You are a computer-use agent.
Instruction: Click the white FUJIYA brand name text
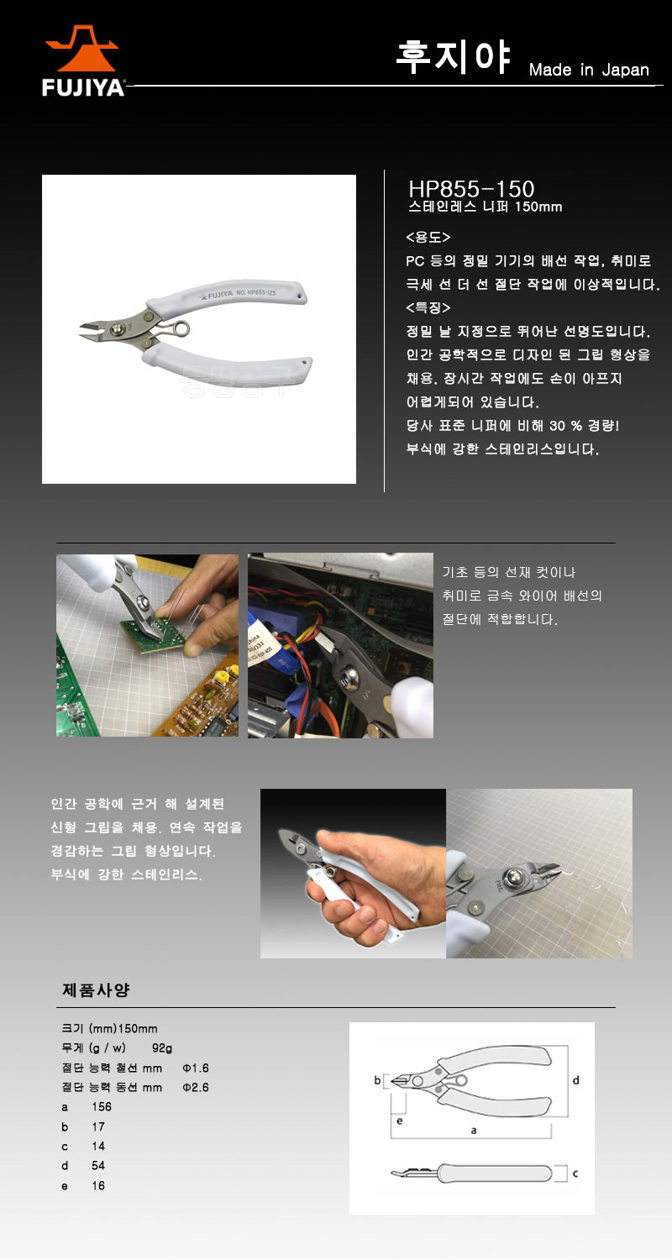coord(82,87)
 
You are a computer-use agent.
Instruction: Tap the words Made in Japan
coord(589,70)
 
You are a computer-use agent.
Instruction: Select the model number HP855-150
coord(471,188)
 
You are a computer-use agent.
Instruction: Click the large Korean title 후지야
coord(454,56)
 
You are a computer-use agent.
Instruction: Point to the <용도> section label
coord(428,237)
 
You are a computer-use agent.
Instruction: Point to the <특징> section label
coord(428,307)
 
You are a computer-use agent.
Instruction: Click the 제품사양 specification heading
coord(96,990)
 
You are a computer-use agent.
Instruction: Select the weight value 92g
coord(162,1048)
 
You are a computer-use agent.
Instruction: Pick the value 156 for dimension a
coord(102,1106)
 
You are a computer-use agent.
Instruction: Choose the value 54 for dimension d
coord(98,1165)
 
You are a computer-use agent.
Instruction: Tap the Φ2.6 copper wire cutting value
coord(196,1087)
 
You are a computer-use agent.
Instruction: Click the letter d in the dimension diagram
coord(576,1080)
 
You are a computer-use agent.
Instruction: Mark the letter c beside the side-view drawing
coord(575,1173)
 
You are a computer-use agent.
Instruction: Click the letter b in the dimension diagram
coord(377,1079)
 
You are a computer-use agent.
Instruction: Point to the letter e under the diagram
coord(400,1121)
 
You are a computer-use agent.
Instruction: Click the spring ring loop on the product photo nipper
coord(181,328)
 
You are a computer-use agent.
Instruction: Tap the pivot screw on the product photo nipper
coord(118,328)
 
